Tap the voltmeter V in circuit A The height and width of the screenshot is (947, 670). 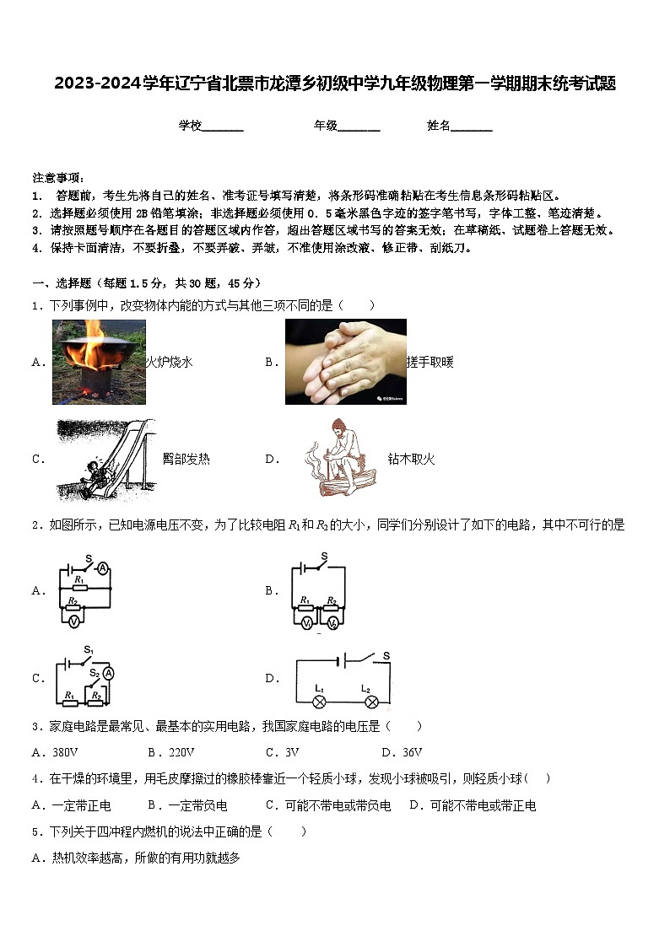pos(74,620)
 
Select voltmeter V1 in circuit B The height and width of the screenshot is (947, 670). pos(307,622)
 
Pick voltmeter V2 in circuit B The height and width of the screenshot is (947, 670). pos(332,622)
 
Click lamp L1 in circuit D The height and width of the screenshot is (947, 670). pos(320,700)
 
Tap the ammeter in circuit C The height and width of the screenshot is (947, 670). pos(108,673)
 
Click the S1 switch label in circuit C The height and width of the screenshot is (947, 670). pos(87,649)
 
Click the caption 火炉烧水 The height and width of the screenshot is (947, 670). pos(169,362)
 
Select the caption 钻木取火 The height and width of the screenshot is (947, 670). pos(411,459)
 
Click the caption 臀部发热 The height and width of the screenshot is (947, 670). pos(186,459)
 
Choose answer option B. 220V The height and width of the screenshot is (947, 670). pos(170,752)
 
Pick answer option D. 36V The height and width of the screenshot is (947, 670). pos(402,752)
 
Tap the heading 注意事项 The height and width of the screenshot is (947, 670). pos(58,177)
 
